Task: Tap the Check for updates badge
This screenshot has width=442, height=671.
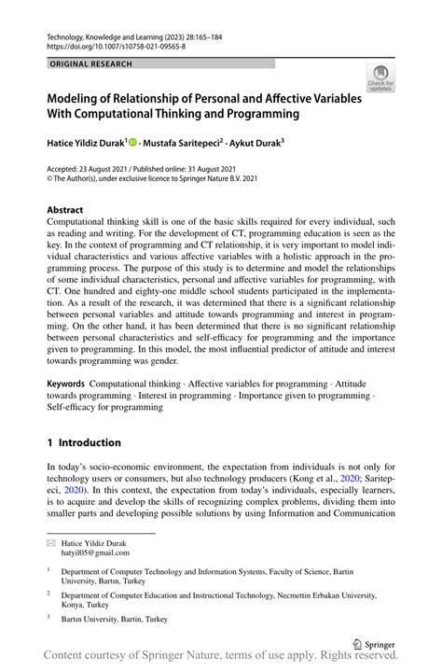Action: pos(380,78)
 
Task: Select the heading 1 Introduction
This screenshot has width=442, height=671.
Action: pos(84,442)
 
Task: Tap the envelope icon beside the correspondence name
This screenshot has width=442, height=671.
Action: pos(51,543)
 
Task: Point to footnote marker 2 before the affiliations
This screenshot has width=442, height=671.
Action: pos(49,593)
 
